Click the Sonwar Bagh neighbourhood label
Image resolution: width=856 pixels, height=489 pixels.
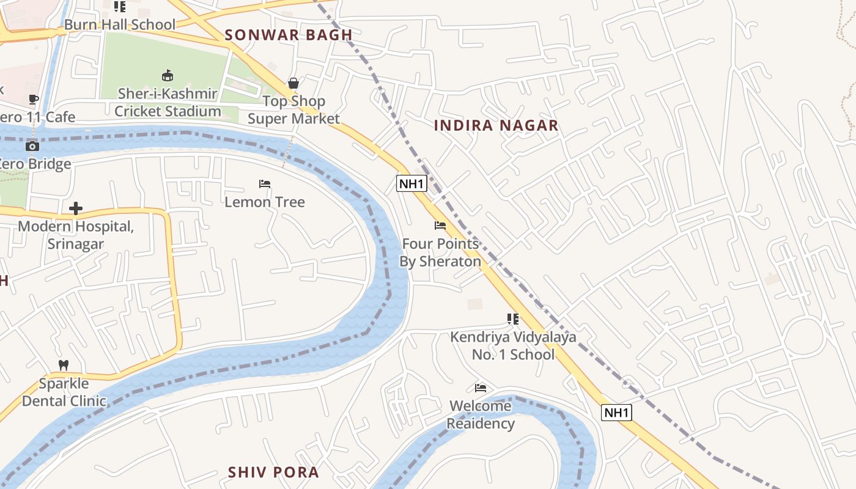coord(289,35)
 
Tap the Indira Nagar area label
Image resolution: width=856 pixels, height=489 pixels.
coord(496,125)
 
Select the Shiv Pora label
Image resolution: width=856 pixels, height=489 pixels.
coord(273,472)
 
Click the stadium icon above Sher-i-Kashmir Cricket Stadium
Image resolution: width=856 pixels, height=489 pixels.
coord(167,75)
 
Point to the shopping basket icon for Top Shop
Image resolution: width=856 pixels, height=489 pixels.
coord(293,83)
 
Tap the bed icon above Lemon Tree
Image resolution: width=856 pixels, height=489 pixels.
coord(265,184)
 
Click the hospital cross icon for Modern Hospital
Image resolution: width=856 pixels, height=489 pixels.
coord(76,209)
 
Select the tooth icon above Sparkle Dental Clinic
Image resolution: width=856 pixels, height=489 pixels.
coord(63,366)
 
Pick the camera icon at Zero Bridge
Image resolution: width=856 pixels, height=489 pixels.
coord(32,146)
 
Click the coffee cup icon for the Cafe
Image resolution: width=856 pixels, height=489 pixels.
coord(34,99)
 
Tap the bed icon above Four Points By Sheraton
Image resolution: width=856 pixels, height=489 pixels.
coord(440,226)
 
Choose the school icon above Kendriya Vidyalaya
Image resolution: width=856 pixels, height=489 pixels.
coord(513,319)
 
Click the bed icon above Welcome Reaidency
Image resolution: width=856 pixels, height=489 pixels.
coord(481,388)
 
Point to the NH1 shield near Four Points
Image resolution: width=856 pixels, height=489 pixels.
coord(411,183)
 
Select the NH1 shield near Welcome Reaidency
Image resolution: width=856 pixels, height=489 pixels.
coord(616,413)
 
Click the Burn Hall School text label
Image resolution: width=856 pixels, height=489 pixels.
coord(120,24)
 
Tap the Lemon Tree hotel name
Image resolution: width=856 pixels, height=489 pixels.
coord(265,202)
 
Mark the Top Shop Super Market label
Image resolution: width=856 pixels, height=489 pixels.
coord(293,110)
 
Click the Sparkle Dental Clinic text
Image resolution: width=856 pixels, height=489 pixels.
coord(64,392)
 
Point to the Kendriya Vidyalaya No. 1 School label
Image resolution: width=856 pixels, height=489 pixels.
coord(514,345)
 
